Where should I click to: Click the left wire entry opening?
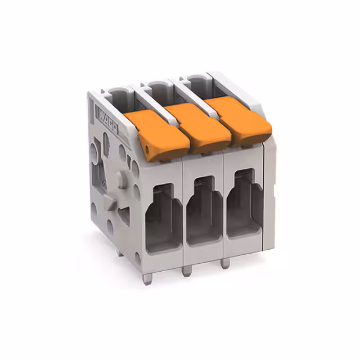pos(163,217)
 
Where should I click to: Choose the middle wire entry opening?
pos(205,211)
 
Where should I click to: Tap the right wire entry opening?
pos(245,205)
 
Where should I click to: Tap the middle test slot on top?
pos(155,84)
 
